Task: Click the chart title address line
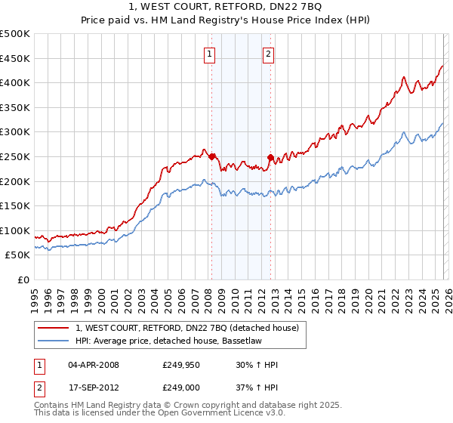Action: coord(226,8)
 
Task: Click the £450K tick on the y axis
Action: coord(15,58)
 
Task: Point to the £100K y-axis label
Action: coord(15,230)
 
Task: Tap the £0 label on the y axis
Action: coord(23,279)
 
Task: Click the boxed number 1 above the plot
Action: coord(208,53)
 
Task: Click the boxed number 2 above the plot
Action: coord(269,53)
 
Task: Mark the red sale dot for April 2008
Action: coord(211,157)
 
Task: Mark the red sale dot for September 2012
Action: coord(271,157)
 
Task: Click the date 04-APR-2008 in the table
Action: coord(94,365)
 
